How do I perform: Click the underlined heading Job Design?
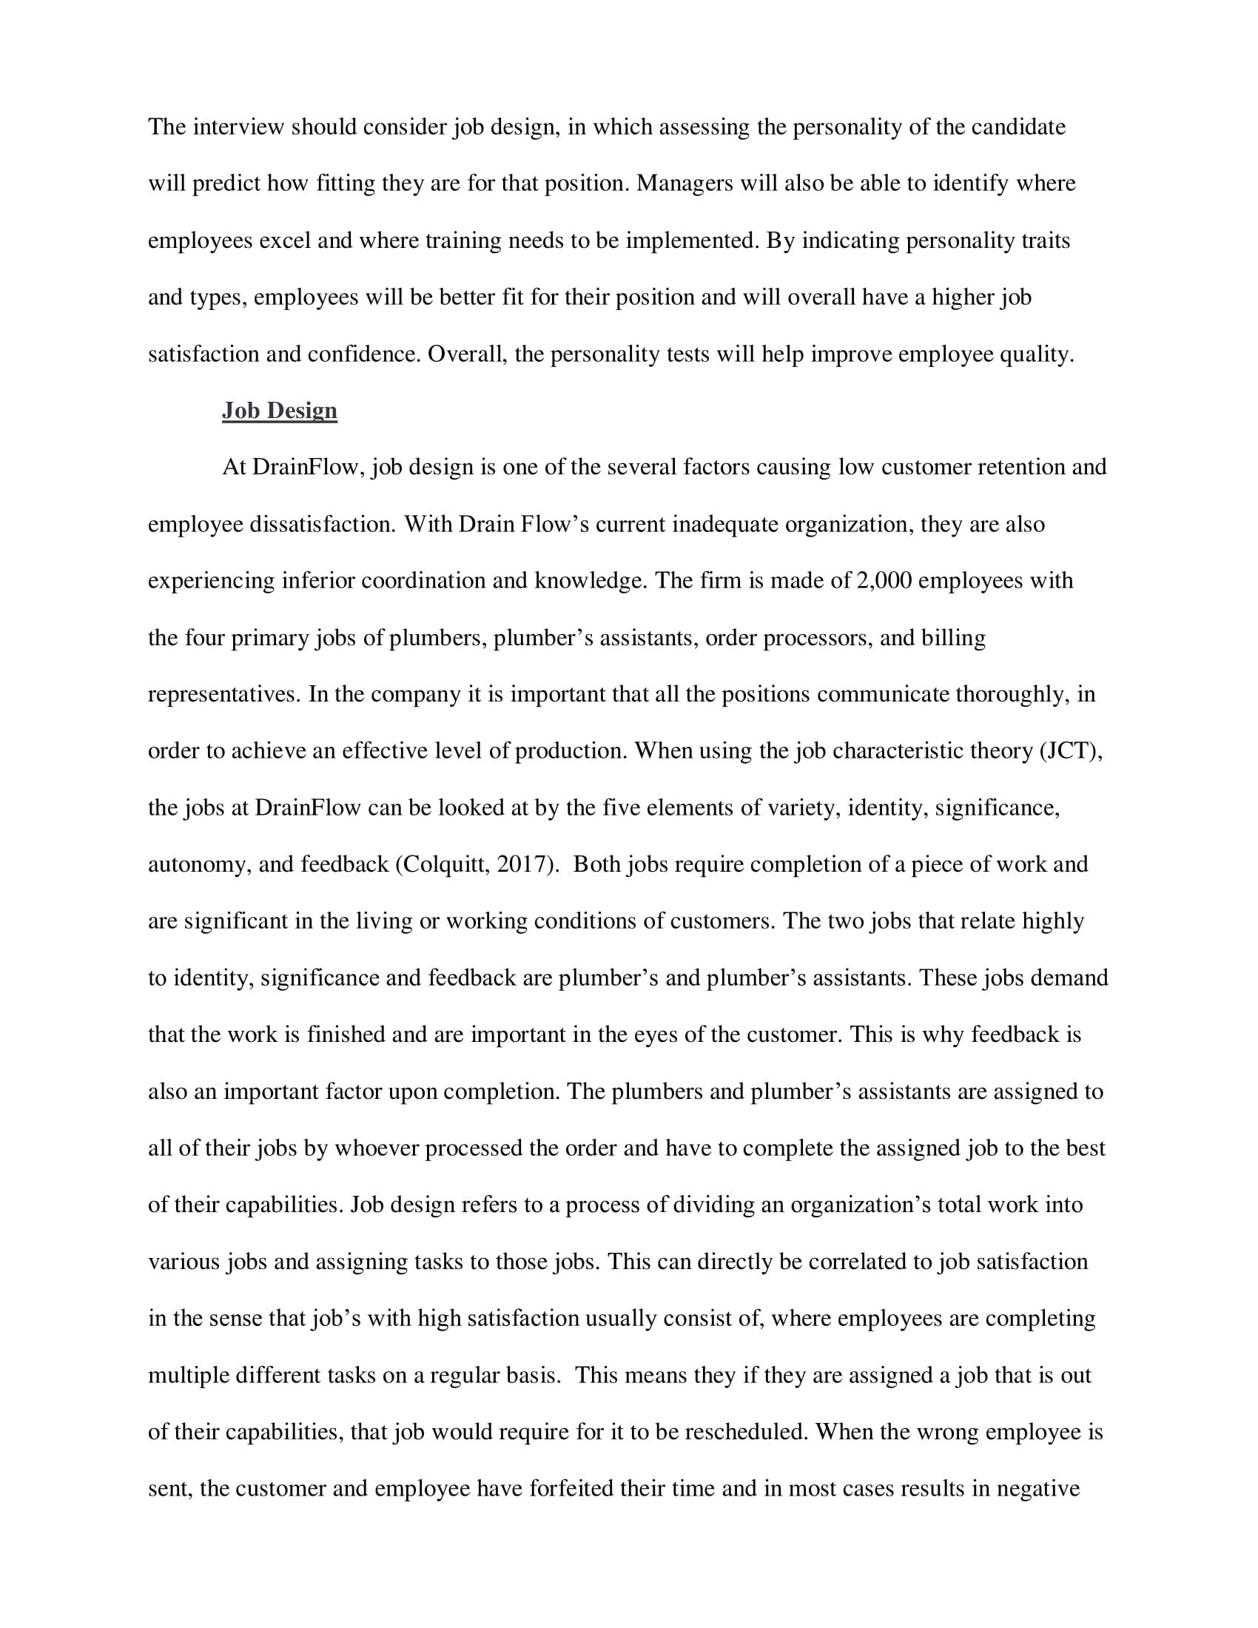click(280, 411)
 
